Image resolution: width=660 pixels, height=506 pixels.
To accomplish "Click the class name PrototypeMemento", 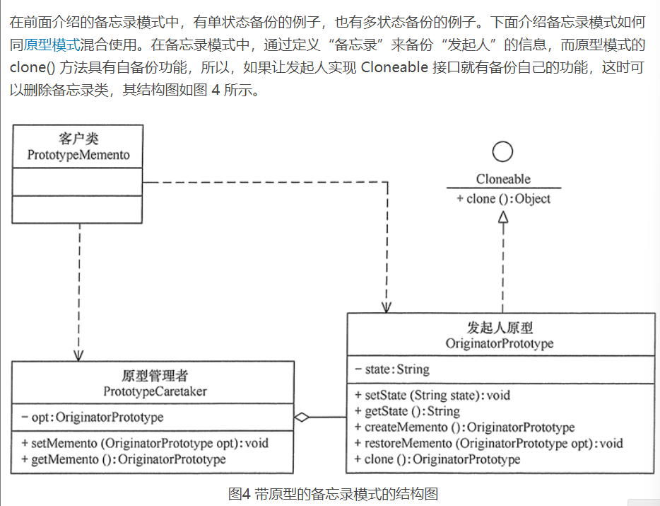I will point(78,154).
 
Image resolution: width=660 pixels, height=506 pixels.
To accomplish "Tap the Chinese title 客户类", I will point(78,139).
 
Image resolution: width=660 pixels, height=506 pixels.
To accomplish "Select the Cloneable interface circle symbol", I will point(502,151).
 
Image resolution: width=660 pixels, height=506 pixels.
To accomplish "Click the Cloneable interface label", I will point(503,179).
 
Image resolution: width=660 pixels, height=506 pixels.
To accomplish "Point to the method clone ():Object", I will point(503,199).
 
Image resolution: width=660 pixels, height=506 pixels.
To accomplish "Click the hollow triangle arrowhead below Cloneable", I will point(502,219).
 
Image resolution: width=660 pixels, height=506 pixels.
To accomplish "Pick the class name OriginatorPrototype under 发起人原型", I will point(500,343).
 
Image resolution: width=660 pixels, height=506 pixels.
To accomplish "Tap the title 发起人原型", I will point(500,327).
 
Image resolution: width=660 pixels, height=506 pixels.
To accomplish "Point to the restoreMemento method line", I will point(488,444).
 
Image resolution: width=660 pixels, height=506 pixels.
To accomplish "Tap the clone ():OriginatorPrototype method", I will point(437,460).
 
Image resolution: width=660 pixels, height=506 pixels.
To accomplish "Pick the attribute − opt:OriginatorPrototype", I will point(92,418).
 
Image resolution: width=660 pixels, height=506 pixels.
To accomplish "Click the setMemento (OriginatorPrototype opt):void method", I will point(145,444).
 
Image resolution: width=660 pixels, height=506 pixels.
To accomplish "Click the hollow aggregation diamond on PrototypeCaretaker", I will point(302,418).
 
